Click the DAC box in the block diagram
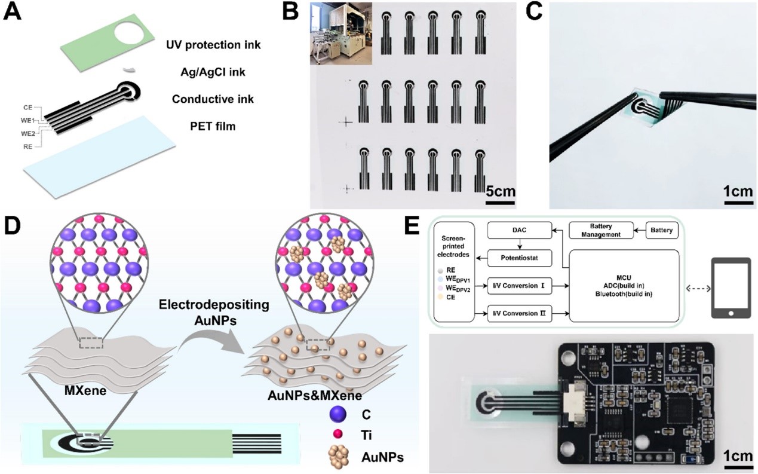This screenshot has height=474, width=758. (x=520, y=230)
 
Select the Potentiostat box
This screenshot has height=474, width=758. (x=520, y=258)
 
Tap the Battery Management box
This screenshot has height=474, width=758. (x=601, y=230)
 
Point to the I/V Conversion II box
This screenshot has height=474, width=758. (x=520, y=314)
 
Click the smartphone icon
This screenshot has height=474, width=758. (x=731, y=288)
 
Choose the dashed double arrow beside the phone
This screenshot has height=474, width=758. (x=698, y=289)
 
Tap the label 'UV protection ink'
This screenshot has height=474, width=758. (x=213, y=45)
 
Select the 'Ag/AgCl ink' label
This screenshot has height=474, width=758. (x=213, y=72)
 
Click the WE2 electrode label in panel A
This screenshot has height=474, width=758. (x=28, y=133)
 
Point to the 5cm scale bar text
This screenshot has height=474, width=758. (x=501, y=191)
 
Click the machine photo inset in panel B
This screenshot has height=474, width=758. (x=341, y=33)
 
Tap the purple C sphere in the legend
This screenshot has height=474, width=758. (x=337, y=414)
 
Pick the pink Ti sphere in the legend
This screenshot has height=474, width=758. (x=337, y=434)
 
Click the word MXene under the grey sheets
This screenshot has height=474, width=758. (x=85, y=391)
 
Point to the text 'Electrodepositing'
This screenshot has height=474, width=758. (x=214, y=305)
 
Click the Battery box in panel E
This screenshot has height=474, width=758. (x=662, y=230)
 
